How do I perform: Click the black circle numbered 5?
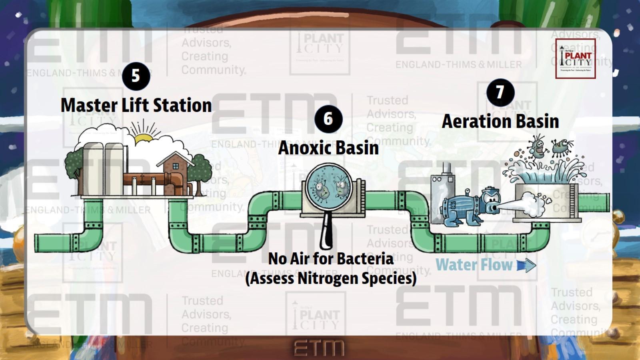click(x=136, y=76)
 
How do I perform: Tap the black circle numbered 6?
click(x=328, y=118)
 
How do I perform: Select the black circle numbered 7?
click(x=500, y=92)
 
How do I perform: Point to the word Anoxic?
click(x=303, y=148)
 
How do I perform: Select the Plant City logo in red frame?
click(x=575, y=59)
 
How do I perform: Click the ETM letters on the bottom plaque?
click(x=319, y=348)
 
